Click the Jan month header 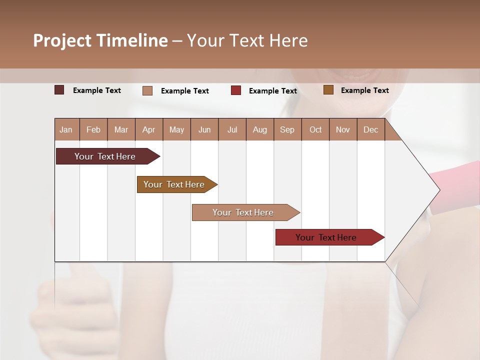tap(66, 129)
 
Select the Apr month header tap(148, 129)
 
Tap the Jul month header tap(232, 129)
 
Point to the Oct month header tap(315, 129)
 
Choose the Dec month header tap(370, 129)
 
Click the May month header tap(176, 129)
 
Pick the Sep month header tap(287, 129)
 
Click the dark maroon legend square tap(59, 90)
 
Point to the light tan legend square tap(147, 90)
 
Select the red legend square tap(236, 90)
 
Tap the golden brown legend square tap(328, 90)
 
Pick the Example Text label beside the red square tap(273, 91)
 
